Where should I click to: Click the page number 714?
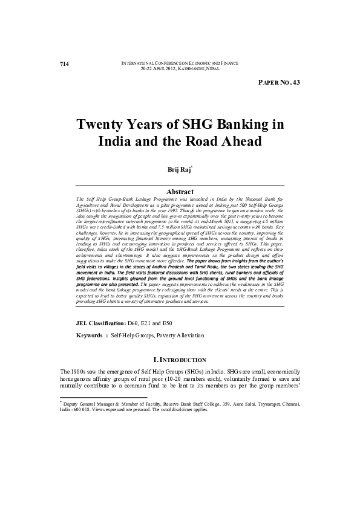[64, 63]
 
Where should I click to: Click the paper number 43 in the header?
[296, 83]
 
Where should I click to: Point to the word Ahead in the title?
[239, 142]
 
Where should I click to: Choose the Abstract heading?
[180, 191]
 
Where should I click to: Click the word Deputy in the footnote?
[74, 402]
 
